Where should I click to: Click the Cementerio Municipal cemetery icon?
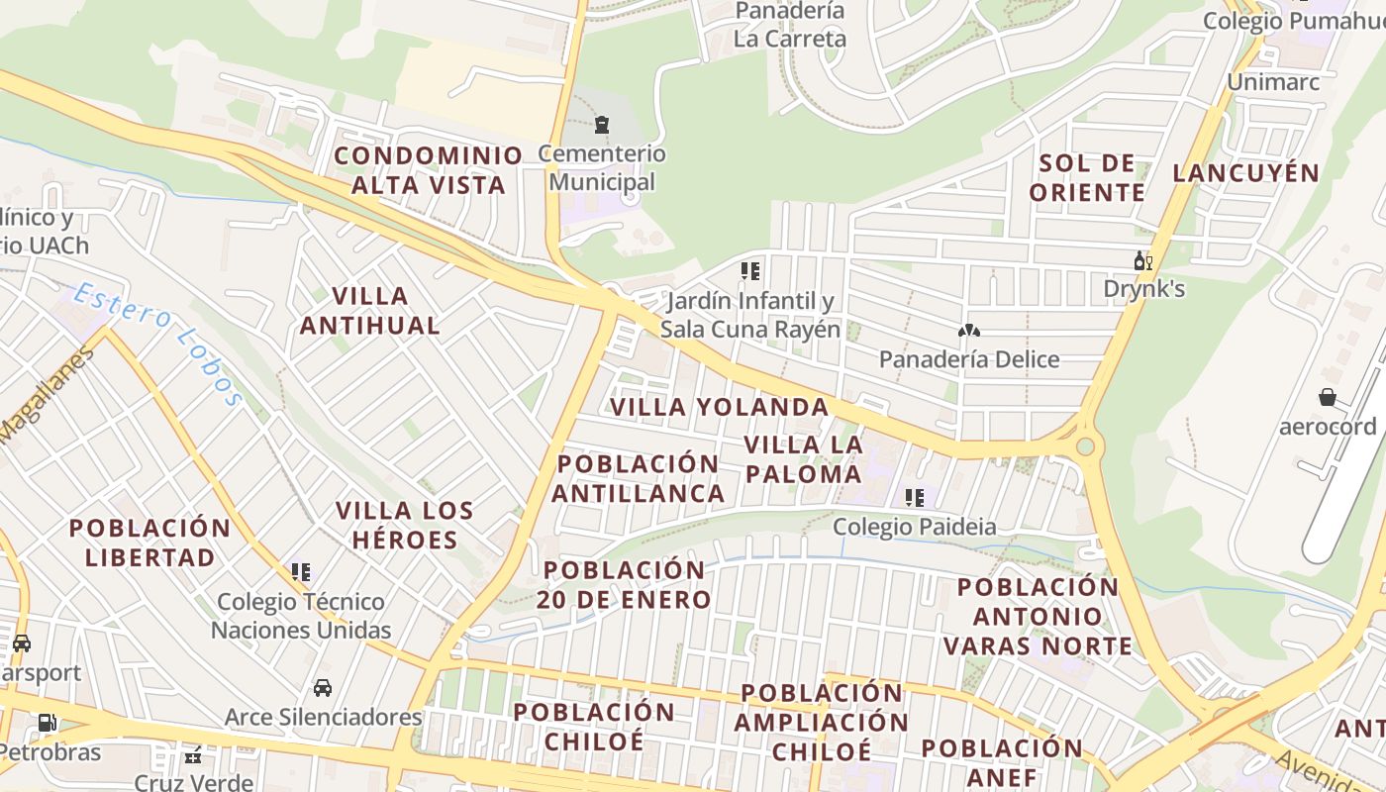(601, 125)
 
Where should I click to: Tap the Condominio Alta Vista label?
(429, 169)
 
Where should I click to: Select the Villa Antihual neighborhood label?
(370, 310)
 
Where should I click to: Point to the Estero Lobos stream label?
(157, 343)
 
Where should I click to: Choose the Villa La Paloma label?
(803, 458)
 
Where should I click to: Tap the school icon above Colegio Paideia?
(914, 497)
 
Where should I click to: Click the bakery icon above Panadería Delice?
(968, 331)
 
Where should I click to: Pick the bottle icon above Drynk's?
(1142, 261)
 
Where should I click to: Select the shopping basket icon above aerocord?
(1328, 397)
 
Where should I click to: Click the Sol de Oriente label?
(1087, 177)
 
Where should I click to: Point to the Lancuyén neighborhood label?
(1245, 173)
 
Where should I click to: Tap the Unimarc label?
(1273, 81)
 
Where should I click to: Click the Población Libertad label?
(149, 542)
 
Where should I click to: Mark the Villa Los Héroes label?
(405, 525)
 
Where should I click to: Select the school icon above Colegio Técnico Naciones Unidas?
(301, 572)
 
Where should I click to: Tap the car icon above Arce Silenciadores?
(323, 687)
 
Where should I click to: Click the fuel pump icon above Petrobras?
(47, 723)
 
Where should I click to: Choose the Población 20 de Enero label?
(626, 584)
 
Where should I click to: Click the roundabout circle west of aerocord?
(1085, 446)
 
